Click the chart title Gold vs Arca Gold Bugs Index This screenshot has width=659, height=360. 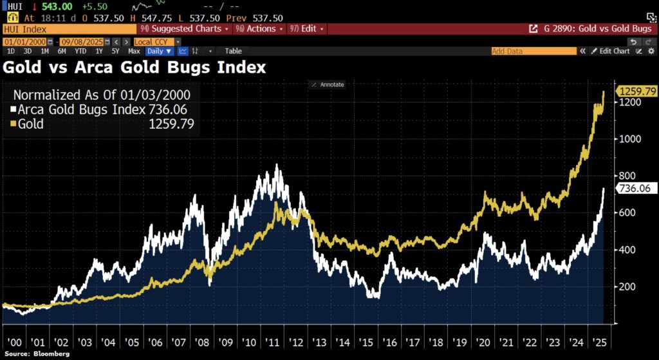tap(134, 67)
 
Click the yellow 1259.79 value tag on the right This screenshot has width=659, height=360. tap(636, 91)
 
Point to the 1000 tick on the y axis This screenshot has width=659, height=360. tap(628, 139)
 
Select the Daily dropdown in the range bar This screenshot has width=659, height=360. tap(159, 51)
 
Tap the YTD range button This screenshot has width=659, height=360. tap(80, 51)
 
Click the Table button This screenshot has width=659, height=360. tap(233, 51)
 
